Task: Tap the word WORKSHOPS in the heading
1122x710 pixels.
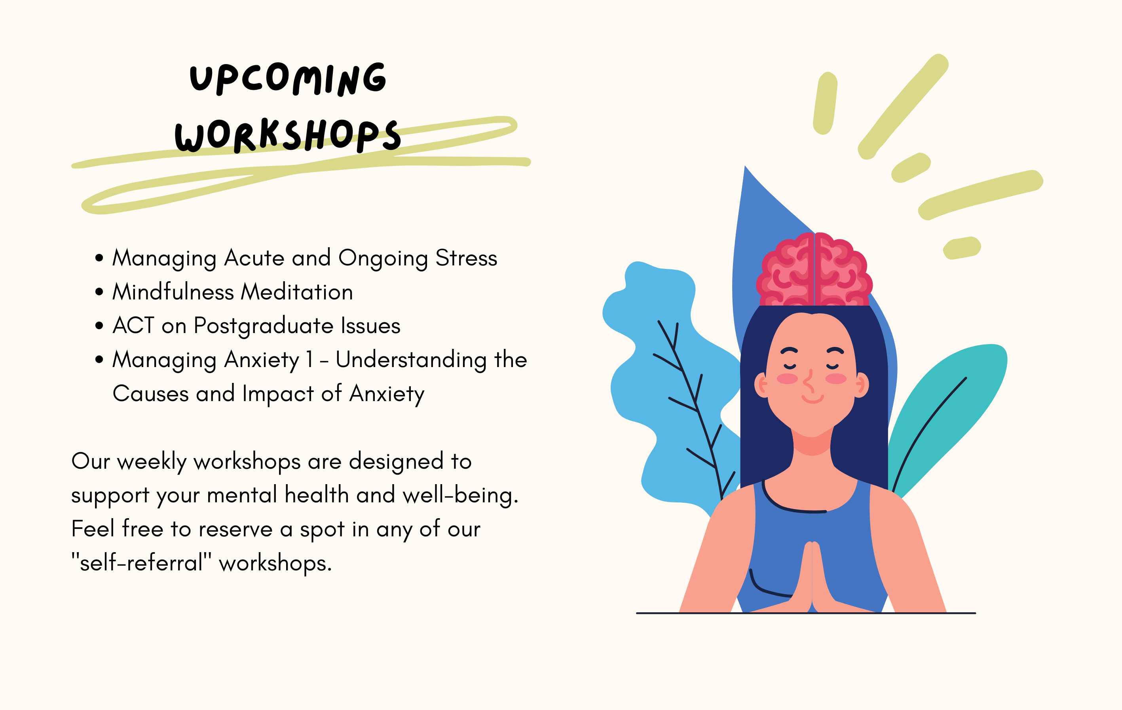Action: coord(287,136)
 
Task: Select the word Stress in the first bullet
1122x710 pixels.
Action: coord(466,258)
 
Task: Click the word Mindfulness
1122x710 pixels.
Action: coord(173,292)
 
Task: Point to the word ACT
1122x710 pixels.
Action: coord(133,326)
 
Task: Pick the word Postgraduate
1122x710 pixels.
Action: coord(264,326)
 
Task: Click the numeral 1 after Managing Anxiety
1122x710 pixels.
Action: coord(309,360)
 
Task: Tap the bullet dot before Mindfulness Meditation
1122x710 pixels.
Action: coord(99,292)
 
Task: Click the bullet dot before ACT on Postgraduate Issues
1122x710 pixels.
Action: coord(99,326)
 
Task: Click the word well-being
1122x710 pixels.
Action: coord(460,495)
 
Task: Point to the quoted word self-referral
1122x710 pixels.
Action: coord(141,563)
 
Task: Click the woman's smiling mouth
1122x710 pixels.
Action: coord(812,399)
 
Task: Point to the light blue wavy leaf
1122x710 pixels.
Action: coord(662,382)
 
